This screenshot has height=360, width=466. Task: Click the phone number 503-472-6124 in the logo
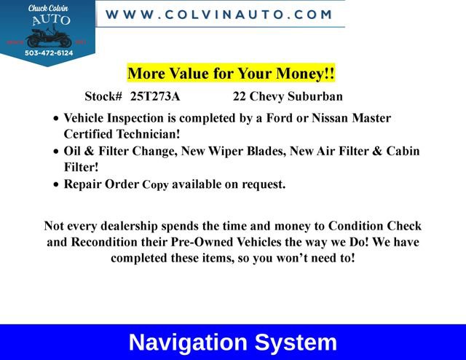[50, 52]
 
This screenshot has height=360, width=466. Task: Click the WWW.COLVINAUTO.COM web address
[219, 14]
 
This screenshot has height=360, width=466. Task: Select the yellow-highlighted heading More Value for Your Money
[231, 74]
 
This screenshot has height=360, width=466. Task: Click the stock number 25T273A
[155, 96]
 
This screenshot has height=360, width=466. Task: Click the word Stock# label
[103, 96]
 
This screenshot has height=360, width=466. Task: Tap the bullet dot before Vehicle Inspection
[58, 119]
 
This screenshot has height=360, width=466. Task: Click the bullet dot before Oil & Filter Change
[58, 152]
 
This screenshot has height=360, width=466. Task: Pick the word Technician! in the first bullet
[144, 134]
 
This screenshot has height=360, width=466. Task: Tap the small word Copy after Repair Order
[155, 185]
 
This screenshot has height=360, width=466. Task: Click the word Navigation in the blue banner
[189, 343]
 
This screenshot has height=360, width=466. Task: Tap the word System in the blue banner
[296, 343]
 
